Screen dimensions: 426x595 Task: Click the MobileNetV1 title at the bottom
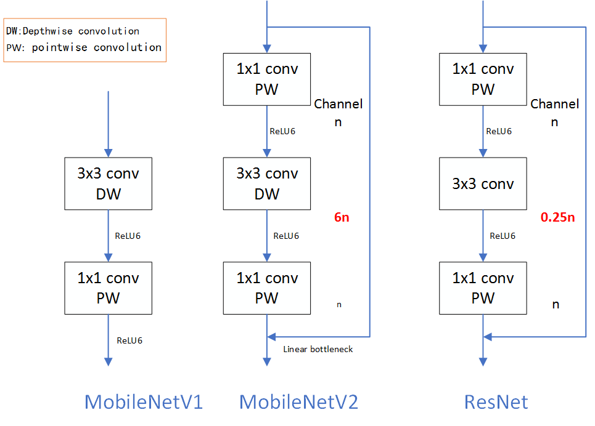click(143, 402)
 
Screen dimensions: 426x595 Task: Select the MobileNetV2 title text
click(298, 402)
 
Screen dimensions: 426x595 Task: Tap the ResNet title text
click(496, 402)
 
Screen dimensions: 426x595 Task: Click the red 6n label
click(342, 217)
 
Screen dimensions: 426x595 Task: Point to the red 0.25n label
click(557, 217)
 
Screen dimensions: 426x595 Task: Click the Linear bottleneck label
click(318, 349)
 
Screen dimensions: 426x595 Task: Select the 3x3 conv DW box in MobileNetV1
click(108, 183)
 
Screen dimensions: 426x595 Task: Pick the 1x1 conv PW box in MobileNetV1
click(108, 287)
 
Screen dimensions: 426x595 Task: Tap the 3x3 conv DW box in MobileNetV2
click(267, 183)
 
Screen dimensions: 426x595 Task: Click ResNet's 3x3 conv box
click(483, 183)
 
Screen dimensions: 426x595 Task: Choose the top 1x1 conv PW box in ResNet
click(483, 79)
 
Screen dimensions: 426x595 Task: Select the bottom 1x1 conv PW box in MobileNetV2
click(267, 287)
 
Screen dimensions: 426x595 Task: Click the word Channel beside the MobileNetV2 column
click(339, 104)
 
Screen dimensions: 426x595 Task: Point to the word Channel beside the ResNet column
click(555, 104)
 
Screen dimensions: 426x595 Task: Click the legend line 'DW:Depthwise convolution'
click(77, 31)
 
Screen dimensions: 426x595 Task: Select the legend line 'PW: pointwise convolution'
click(84, 47)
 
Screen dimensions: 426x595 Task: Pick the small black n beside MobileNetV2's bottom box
click(339, 304)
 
